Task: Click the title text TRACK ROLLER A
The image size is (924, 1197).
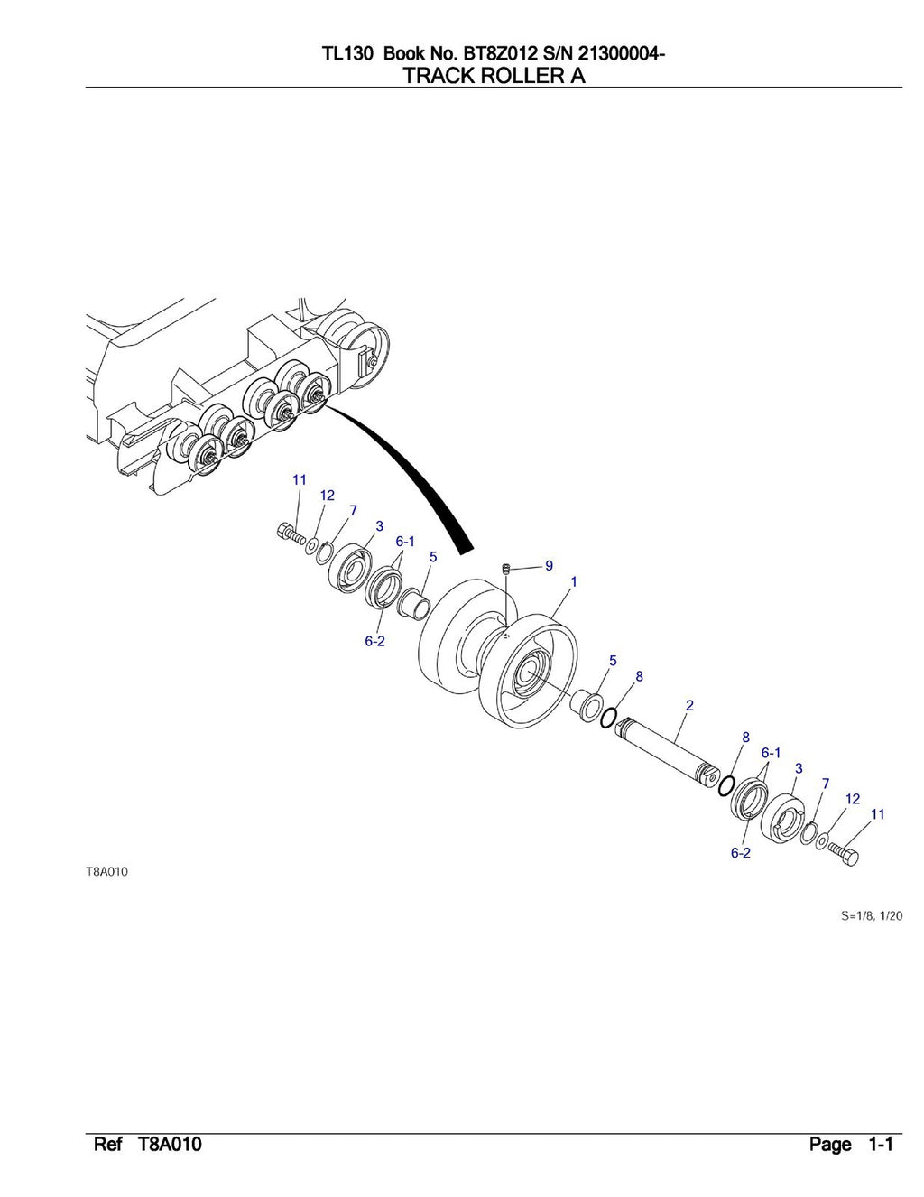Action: pos(494,76)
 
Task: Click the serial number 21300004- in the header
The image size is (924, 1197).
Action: pos(613,55)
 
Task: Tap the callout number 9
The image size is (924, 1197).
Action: pos(549,566)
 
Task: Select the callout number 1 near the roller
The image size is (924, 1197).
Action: pos(574,582)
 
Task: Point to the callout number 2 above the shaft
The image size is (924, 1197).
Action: pos(689,705)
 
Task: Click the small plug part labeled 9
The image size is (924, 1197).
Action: pos(507,569)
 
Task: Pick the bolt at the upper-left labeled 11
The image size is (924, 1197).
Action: pos(289,534)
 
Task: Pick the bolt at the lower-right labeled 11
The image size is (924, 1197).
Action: pos(845,854)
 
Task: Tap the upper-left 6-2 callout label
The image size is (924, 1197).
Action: pos(375,642)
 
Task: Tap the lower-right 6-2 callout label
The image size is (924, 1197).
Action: pos(741,853)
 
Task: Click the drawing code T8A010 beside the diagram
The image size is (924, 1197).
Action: pos(106,872)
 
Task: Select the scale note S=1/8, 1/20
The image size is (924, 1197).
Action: pos(872,915)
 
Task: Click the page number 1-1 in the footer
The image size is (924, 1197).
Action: pos(880,1146)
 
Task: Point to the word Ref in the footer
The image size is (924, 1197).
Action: pos(108,1146)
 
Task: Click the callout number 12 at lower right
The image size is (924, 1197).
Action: pos(852,799)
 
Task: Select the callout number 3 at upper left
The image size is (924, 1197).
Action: pos(380,525)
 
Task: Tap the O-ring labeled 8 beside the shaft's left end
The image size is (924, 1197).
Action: pos(608,717)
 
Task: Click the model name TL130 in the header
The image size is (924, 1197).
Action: pos(348,55)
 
